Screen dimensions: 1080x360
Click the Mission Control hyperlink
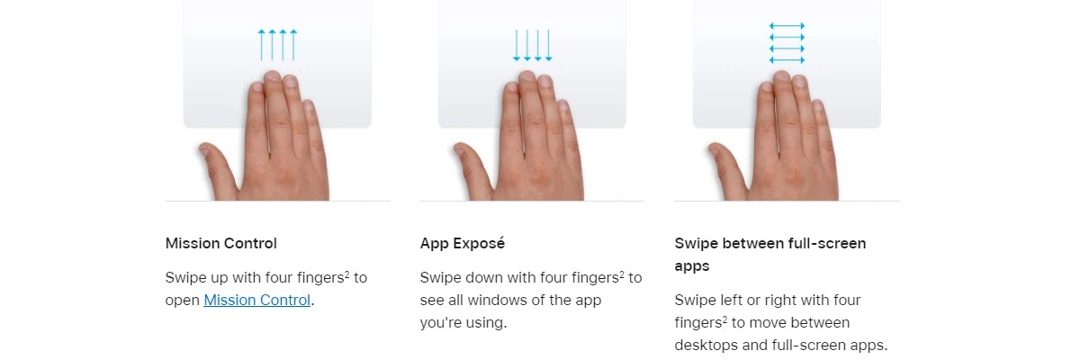(257, 300)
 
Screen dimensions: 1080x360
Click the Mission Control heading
(220, 243)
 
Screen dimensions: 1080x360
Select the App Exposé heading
(462, 243)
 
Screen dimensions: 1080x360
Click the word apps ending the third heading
(692, 266)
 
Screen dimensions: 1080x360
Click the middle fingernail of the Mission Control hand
(273, 76)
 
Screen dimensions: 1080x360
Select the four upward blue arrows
(277, 45)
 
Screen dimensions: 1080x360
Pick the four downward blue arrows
(532, 45)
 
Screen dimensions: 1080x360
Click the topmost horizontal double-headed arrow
(787, 26)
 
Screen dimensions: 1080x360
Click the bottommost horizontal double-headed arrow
(787, 60)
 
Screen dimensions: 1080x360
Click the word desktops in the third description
(706, 345)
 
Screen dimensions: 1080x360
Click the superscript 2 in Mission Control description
(347, 274)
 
